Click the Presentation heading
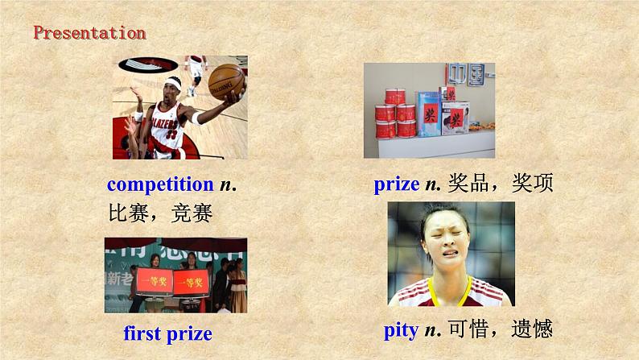tap(89, 33)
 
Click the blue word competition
tap(160, 184)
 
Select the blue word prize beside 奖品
tap(397, 184)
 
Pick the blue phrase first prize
tap(167, 333)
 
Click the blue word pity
tap(400, 330)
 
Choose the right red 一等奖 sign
tap(191, 281)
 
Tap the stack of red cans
tap(396, 114)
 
